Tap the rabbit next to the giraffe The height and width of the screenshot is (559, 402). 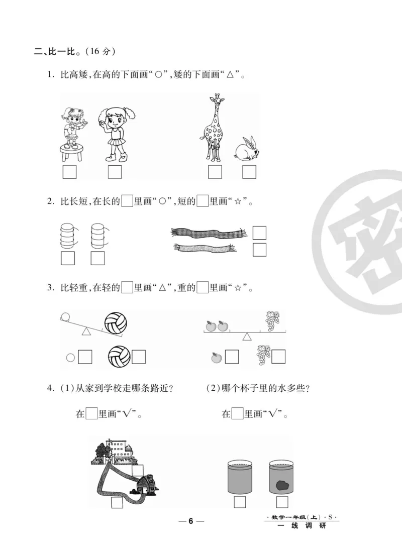247,149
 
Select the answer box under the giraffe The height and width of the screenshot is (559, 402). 215,172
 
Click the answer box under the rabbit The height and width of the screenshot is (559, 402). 249,172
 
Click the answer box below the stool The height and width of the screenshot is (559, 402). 69,172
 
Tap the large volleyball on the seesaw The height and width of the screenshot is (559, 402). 116,323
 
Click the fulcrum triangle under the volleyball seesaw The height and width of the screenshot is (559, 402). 86,331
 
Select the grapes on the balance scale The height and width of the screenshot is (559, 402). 272,321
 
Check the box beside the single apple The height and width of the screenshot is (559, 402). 232,357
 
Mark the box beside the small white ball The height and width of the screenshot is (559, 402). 85,357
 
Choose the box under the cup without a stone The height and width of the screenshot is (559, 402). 240,502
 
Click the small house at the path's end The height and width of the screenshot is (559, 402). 146,484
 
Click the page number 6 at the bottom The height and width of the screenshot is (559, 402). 190,520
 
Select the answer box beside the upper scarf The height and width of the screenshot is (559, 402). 259,233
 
